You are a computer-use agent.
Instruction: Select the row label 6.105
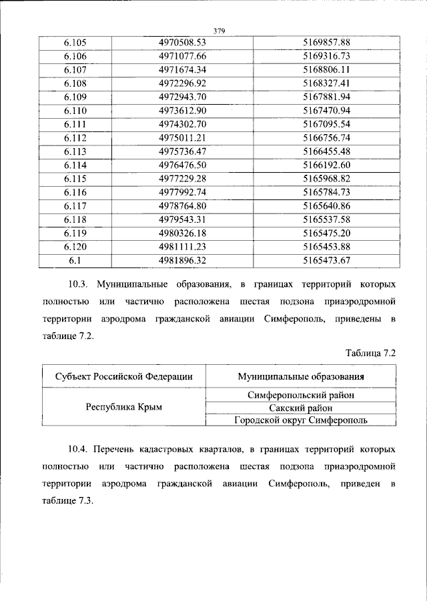pyautogui.click(x=75, y=43)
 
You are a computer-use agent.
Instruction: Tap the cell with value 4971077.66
pyautogui.click(x=183, y=57)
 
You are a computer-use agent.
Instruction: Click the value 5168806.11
pyautogui.click(x=326, y=70)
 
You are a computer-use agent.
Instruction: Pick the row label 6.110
pyautogui.click(x=75, y=111)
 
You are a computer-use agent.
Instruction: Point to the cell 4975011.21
pyautogui.click(x=183, y=138)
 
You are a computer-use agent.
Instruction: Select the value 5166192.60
pyautogui.click(x=326, y=165)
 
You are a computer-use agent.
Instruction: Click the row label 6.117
pyautogui.click(x=75, y=206)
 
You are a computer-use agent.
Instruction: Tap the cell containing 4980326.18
pyautogui.click(x=183, y=233)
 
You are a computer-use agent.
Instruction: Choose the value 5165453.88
pyautogui.click(x=326, y=247)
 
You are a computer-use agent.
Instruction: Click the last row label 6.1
pyautogui.click(x=75, y=260)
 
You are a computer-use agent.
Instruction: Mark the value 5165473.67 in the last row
pyautogui.click(x=326, y=260)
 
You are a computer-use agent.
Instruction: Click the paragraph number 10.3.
pyautogui.click(x=81, y=285)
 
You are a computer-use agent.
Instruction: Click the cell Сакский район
pyautogui.click(x=300, y=408)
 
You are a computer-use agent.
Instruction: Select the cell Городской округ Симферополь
pyautogui.click(x=300, y=420)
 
